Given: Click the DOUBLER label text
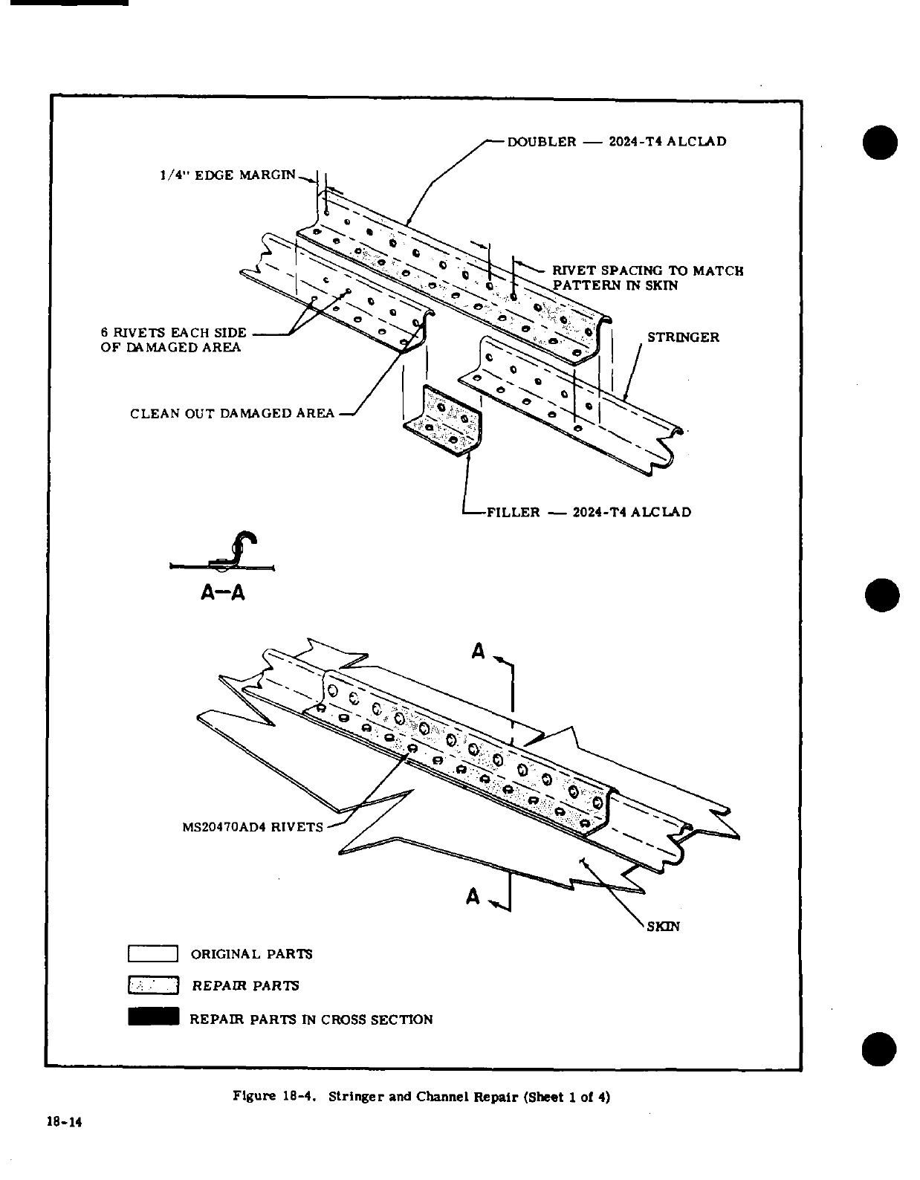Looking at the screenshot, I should [x=541, y=141].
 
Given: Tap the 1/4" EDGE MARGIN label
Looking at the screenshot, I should [x=227, y=175].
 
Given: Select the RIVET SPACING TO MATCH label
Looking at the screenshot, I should [x=647, y=270].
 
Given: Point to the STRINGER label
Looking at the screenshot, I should [x=683, y=337].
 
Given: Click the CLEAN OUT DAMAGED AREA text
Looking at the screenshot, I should [x=232, y=413].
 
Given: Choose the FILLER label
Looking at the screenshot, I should [x=513, y=512].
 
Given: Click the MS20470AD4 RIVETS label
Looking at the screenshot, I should [x=253, y=827].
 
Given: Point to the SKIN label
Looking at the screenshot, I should [x=664, y=927].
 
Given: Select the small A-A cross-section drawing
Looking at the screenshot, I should [x=223, y=554].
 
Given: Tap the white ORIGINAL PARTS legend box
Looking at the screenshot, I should [x=153, y=953].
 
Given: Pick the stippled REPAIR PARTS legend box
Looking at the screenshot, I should [x=153, y=985].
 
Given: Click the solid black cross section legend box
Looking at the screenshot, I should [x=153, y=1017].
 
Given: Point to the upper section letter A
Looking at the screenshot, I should [x=478, y=652].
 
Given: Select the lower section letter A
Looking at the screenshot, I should [x=473, y=897].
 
